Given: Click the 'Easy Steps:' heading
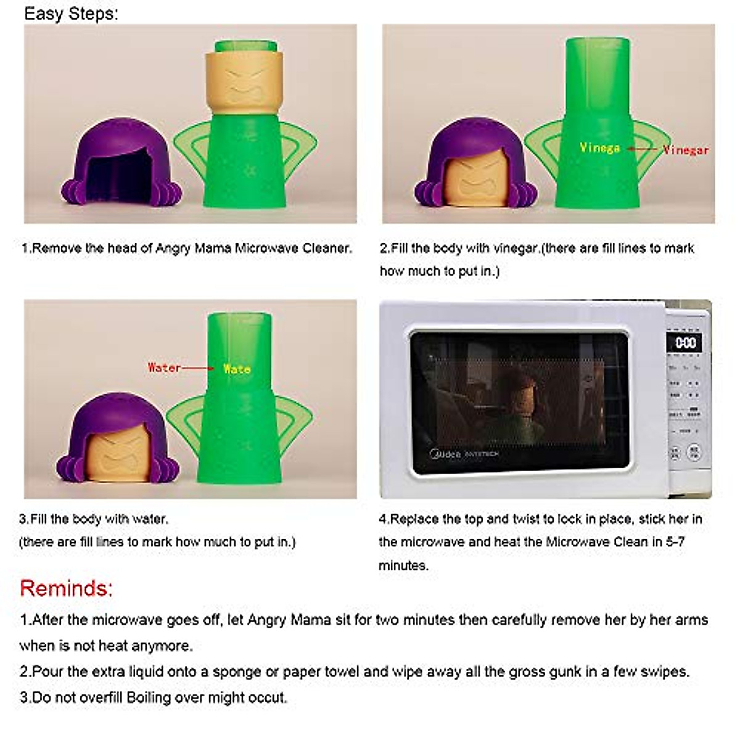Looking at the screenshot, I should (x=71, y=14).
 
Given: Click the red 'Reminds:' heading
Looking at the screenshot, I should (x=66, y=588).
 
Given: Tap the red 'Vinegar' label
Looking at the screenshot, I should (x=686, y=150).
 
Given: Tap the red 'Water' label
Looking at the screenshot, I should (x=164, y=368).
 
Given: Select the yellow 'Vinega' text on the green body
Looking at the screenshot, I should (x=599, y=148).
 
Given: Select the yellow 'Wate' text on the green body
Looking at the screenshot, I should (x=237, y=369).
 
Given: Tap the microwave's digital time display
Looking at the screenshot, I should (x=685, y=343).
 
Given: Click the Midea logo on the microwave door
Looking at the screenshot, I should (x=445, y=454).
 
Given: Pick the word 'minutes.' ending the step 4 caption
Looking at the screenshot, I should (x=403, y=565).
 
